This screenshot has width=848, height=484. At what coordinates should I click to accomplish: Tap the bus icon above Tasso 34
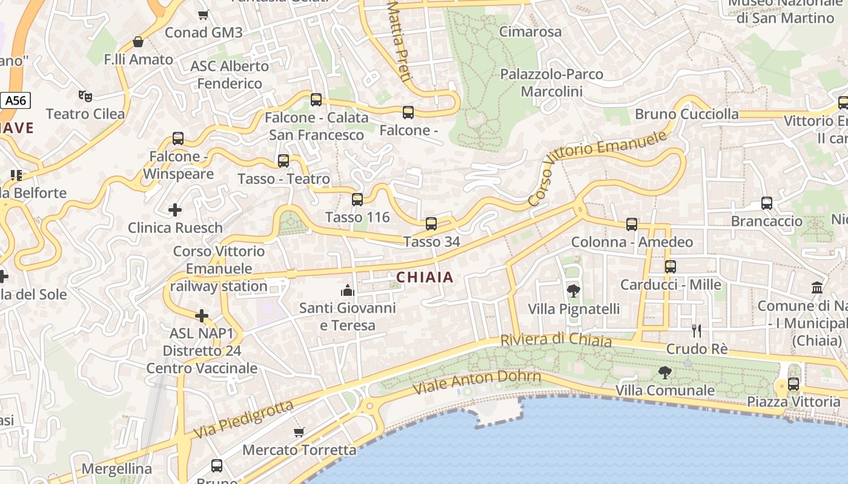pyautogui.click(x=431, y=224)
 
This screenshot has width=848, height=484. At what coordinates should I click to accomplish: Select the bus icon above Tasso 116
pyautogui.click(x=357, y=199)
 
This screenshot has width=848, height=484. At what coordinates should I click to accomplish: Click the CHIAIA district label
pyautogui.click(x=425, y=277)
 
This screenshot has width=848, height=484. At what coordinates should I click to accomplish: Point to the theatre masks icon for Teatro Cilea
pyautogui.click(x=85, y=96)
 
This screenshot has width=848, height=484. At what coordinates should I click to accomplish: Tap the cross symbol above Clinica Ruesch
pyautogui.click(x=175, y=210)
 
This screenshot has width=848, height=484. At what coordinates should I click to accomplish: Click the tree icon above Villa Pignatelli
pyautogui.click(x=573, y=291)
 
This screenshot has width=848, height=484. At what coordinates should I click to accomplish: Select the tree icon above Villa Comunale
pyautogui.click(x=665, y=372)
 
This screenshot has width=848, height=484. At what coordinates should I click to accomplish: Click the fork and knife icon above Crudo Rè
pyautogui.click(x=697, y=331)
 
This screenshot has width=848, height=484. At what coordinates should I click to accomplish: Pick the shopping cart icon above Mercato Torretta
pyautogui.click(x=299, y=432)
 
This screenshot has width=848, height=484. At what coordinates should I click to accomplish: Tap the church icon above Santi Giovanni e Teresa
pyautogui.click(x=347, y=290)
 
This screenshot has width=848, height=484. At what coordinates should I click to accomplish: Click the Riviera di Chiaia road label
pyautogui.click(x=556, y=340)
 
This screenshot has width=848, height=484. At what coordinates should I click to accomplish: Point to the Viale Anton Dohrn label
pyautogui.click(x=476, y=383)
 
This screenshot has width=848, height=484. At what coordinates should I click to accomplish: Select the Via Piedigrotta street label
pyautogui.click(x=243, y=420)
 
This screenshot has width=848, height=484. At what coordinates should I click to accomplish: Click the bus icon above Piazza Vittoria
pyautogui.click(x=793, y=384)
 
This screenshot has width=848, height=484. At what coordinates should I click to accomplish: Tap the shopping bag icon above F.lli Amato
pyautogui.click(x=138, y=42)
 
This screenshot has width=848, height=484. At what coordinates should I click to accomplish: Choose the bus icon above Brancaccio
pyautogui.click(x=767, y=203)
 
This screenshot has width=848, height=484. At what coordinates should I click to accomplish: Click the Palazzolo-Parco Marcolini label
pyautogui.click(x=551, y=83)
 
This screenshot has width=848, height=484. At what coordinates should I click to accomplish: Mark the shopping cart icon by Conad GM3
pyautogui.click(x=204, y=15)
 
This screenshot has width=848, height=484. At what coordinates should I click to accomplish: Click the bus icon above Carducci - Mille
pyautogui.click(x=671, y=266)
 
